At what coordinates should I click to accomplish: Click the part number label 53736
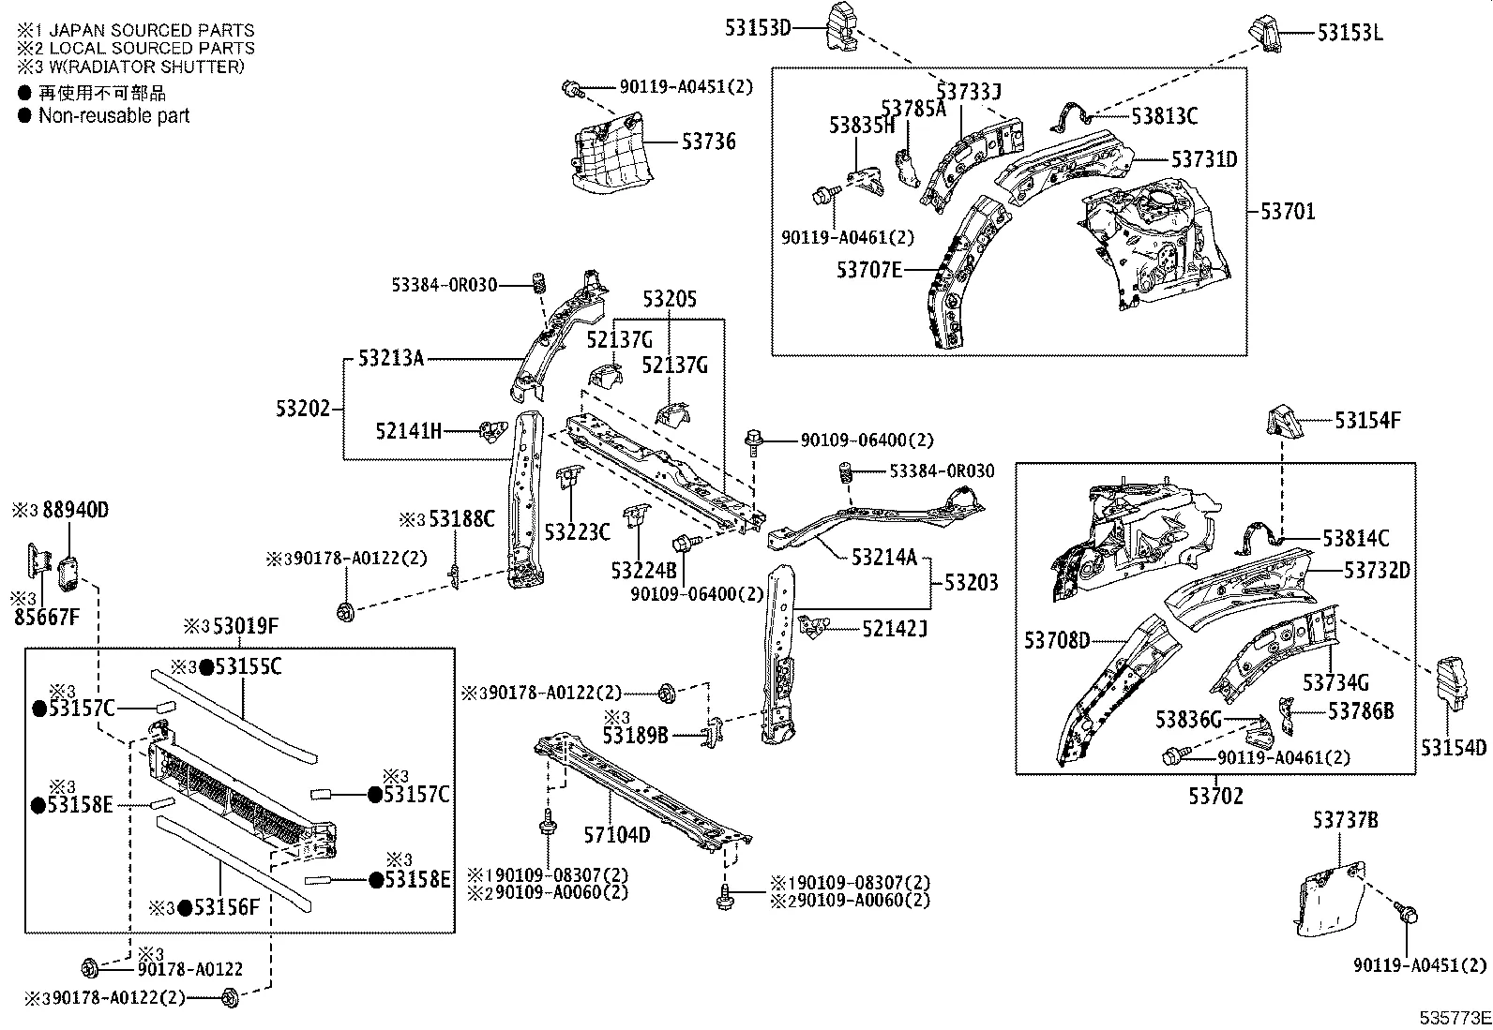708,142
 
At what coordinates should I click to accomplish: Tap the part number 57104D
616,834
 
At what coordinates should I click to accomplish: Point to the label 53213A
391,358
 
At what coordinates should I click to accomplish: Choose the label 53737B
1345,821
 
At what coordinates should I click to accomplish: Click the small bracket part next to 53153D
841,24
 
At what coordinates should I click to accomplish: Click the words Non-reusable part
113,116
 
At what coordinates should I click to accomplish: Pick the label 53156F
226,907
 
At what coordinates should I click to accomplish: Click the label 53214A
884,558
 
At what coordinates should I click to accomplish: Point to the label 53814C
1356,539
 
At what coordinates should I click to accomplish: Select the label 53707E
869,271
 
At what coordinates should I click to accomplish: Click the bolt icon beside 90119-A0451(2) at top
571,89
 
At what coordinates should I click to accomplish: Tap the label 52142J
895,628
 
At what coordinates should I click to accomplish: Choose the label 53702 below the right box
1215,797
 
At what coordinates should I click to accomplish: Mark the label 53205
670,299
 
